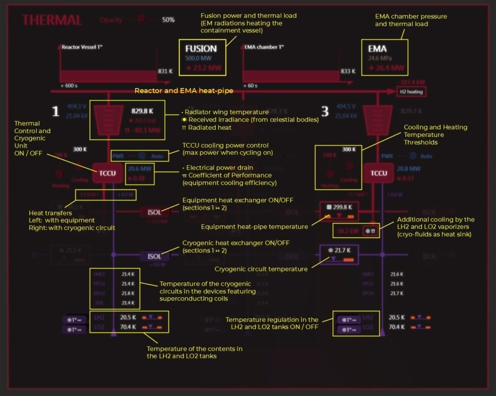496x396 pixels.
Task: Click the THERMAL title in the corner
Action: click(52, 20)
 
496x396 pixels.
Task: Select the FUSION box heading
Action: click(201, 48)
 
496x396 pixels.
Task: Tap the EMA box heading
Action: click(377, 48)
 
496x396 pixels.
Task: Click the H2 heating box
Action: click(411, 91)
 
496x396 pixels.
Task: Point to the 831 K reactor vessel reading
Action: click(165, 71)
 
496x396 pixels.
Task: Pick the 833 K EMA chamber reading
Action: click(348, 71)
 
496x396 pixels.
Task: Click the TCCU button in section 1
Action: click(108, 173)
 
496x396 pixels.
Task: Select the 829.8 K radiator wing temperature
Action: click(142, 110)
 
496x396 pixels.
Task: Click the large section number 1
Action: click(56, 112)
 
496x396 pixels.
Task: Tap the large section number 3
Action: click(325, 112)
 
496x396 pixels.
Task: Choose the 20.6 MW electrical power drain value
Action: click(139, 168)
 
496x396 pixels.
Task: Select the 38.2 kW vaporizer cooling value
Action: click(347, 231)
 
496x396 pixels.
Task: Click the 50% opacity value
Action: click(168, 20)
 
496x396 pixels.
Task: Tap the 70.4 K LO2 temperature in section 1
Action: click(128, 327)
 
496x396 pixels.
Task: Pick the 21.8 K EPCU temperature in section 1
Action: click(128, 293)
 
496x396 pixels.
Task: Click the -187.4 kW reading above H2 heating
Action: click(413, 82)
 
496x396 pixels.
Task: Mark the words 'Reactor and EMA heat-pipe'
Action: click(184, 91)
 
